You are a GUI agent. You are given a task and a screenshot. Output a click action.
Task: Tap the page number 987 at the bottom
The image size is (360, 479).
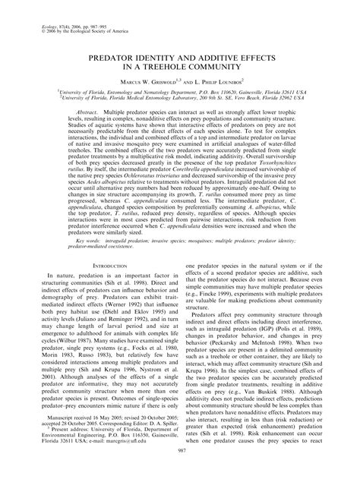pyautogui.click(x=180, y=470)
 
